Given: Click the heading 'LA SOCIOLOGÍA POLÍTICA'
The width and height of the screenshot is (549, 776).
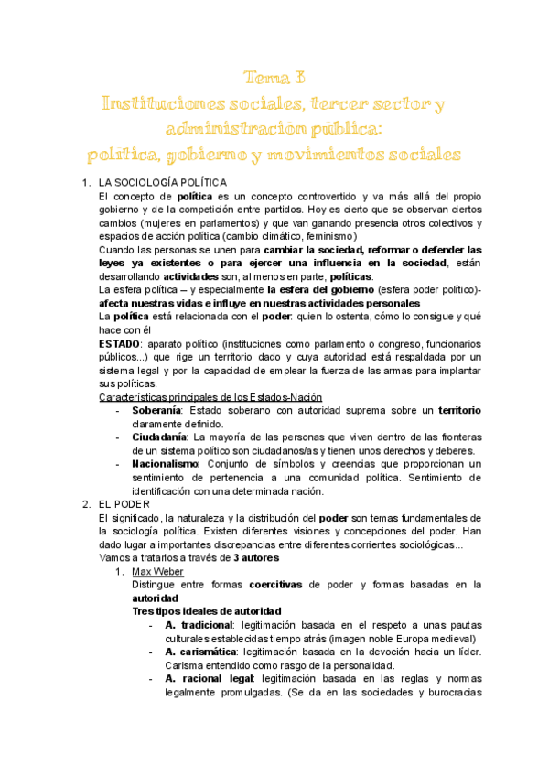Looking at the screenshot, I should pos(163,183).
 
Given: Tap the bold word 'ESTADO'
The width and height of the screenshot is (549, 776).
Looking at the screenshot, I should pos(119,343).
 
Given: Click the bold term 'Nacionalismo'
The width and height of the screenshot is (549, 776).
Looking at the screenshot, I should pos(165,464).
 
